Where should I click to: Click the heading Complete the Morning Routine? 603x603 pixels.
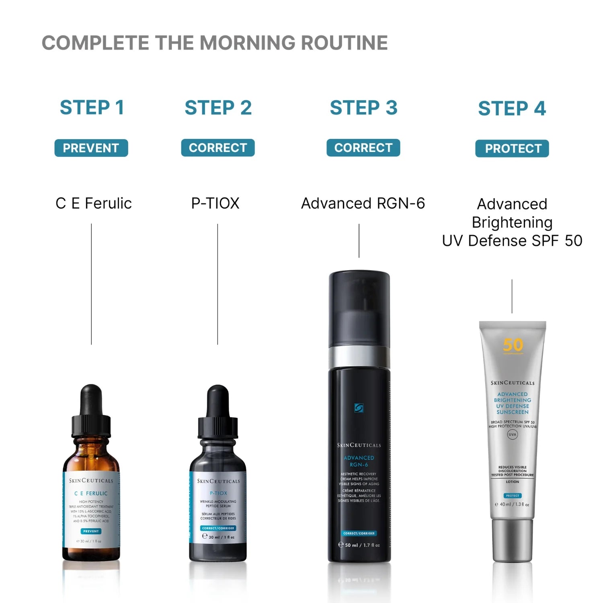coord(215,43)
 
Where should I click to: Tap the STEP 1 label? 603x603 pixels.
coord(92,108)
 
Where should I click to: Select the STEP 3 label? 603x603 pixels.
coord(363,108)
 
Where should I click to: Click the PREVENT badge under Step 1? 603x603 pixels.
coord(91,148)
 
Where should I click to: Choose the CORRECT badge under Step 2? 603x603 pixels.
coord(218,148)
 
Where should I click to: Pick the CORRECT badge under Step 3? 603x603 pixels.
coord(363,148)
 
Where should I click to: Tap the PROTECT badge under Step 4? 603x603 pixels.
coord(512,148)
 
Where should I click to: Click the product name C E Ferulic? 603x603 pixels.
coord(94,203)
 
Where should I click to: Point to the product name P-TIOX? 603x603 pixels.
coord(215,203)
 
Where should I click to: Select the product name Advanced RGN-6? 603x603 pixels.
coord(363,203)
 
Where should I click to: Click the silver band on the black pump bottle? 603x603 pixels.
coord(359,356)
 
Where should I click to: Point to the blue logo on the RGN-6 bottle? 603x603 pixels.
coord(359,408)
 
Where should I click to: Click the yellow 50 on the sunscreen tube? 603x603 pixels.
coord(513,345)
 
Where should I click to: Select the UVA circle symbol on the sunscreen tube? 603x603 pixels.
coord(512,434)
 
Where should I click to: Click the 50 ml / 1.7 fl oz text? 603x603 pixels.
coord(362,545)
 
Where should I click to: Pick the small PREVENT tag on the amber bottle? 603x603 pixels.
coord(91,531)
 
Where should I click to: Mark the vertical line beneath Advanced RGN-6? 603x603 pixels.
coord(359,241)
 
